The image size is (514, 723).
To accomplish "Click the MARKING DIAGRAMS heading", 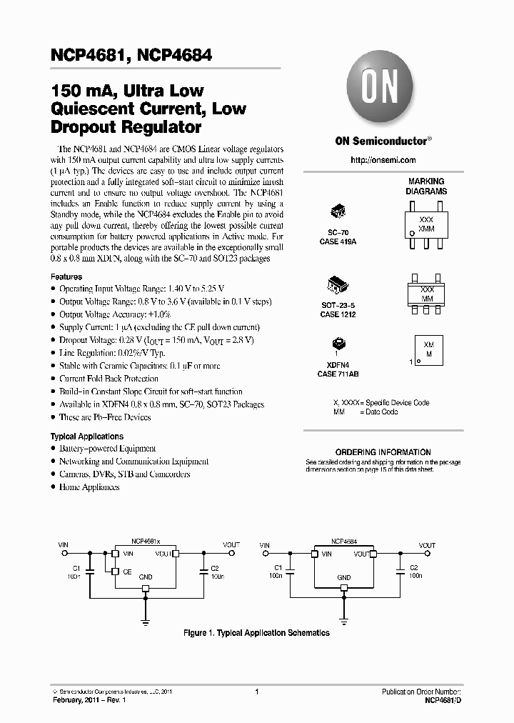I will (426, 186).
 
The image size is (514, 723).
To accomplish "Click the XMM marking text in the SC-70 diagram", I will (425, 226).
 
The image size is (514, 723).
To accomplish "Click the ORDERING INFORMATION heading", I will (383, 452).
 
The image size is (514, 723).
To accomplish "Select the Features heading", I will (66, 276).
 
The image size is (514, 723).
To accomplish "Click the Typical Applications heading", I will (86, 437).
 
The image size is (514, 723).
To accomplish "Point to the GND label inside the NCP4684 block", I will (344, 577).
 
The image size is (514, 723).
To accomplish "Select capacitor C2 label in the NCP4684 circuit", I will (413, 567).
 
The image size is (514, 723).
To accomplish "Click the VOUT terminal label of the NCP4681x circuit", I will (231, 545).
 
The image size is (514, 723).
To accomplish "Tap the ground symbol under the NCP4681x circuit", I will (146, 622).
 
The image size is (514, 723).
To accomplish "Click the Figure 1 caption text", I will (256, 633).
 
